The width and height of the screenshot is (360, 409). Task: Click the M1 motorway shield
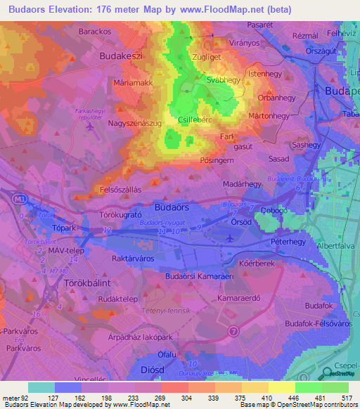point(21,199)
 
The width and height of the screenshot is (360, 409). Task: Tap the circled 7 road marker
point(234,330)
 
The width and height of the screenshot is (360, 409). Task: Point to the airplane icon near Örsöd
point(232,239)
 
